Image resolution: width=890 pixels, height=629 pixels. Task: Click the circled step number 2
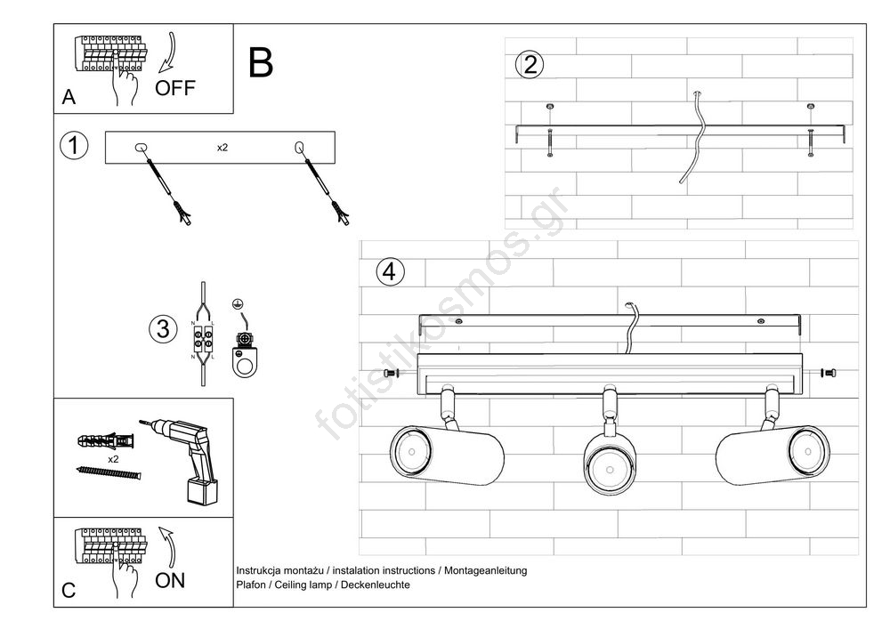pyautogui.click(x=530, y=64)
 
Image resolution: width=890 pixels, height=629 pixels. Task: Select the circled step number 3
pyautogui.click(x=162, y=329)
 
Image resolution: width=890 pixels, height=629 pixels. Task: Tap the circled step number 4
pyautogui.click(x=386, y=270)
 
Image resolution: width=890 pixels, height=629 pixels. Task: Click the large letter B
pyautogui.click(x=260, y=62)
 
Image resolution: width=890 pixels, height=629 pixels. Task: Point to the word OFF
pyautogui.click(x=174, y=88)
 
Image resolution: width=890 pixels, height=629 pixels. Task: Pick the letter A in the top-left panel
pyautogui.click(x=69, y=99)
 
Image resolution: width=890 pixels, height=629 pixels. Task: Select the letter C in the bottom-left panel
pyautogui.click(x=69, y=592)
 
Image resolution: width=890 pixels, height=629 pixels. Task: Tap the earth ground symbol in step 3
pyautogui.click(x=238, y=305)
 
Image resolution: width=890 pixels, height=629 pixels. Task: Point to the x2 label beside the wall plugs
pyautogui.click(x=113, y=458)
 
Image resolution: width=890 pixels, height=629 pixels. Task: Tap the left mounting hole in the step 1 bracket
pyautogui.click(x=140, y=149)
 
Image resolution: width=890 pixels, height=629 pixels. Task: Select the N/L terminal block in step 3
pyautogui.click(x=203, y=340)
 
